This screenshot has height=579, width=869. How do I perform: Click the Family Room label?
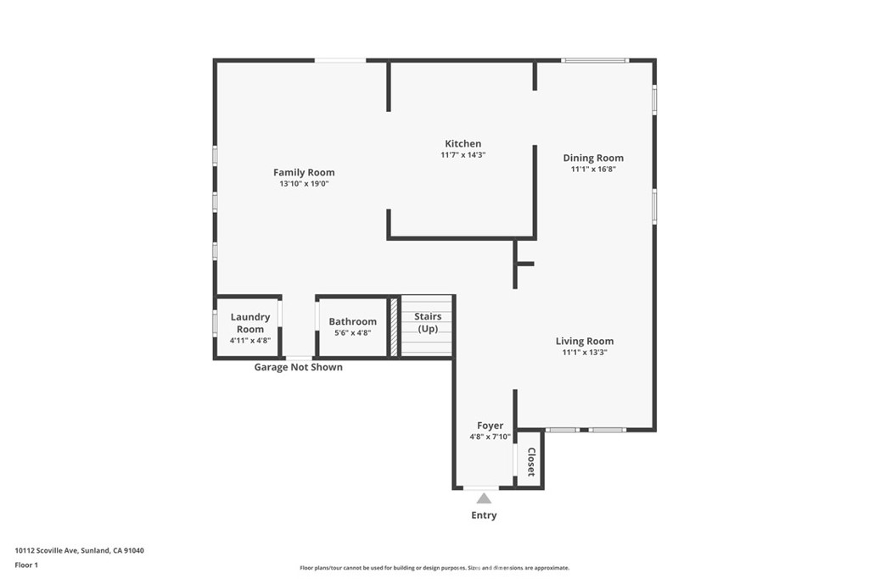(x=304, y=172)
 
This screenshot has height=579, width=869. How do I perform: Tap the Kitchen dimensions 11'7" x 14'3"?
(x=463, y=155)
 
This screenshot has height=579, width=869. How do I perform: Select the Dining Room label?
(x=593, y=159)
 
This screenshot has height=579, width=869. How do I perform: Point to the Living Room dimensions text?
(x=585, y=352)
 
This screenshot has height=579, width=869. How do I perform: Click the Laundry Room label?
(x=250, y=323)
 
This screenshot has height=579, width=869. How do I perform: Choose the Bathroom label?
(x=352, y=321)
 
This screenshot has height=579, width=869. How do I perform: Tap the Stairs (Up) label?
(x=428, y=322)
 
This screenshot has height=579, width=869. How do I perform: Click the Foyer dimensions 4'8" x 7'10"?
(x=490, y=437)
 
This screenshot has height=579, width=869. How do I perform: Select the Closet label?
(x=531, y=462)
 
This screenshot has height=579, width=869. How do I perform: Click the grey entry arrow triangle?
(x=484, y=499)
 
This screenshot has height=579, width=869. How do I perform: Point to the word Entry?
(x=484, y=515)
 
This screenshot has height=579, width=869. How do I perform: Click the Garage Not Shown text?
(x=298, y=367)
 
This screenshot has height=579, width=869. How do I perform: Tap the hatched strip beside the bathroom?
(x=394, y=327)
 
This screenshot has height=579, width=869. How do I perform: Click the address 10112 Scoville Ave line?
(x=79, y=551)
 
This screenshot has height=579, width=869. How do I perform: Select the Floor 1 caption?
(x=26, y=565)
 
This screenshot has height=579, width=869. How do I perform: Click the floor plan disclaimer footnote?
(x=434, y=568)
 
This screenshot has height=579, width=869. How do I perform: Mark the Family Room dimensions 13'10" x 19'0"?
(x=305, y=184)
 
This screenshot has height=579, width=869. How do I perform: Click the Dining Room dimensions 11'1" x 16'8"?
(x=593, y=170)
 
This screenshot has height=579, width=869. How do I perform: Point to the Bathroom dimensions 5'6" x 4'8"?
(x=352, y=333)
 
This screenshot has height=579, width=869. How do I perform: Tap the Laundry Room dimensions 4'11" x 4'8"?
(x=250, y=341)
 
